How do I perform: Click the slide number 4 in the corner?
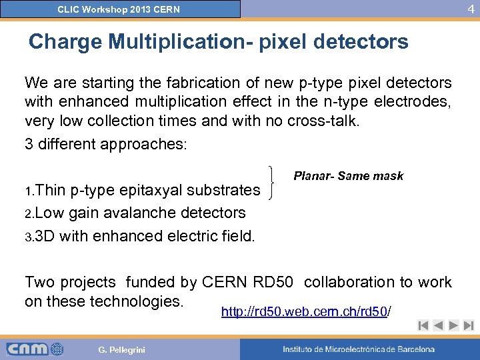tap(471, 9)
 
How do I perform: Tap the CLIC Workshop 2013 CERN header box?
tap(120, 9)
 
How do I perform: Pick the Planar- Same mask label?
tap(348, 176)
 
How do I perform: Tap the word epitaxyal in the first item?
tap(153, 190)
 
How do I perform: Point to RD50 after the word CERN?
tap(273, 282)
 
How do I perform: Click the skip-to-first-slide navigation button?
tap(423, 326)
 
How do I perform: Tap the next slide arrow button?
tap(453, 326)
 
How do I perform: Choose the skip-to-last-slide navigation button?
tap(468, 326)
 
